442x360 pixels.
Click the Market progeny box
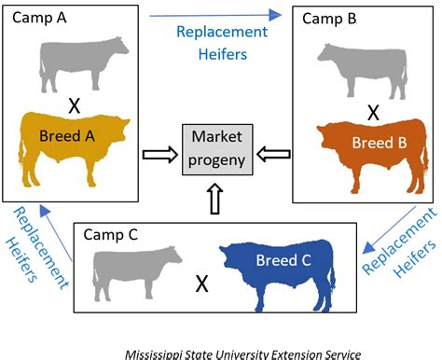pos(216,151)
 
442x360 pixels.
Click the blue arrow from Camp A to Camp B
pos(228,14)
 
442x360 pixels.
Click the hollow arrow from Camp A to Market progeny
pos(159,151)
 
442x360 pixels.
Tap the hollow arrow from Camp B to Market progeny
pos(274,151)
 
